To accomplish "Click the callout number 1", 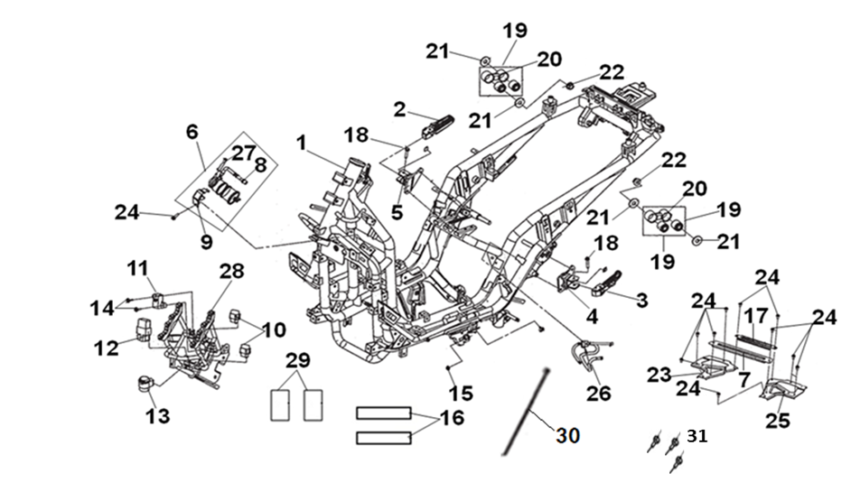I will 301,143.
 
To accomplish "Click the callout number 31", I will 696,436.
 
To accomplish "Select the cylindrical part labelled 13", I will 144,385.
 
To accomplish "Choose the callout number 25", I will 778,420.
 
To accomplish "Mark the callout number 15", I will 461,394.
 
